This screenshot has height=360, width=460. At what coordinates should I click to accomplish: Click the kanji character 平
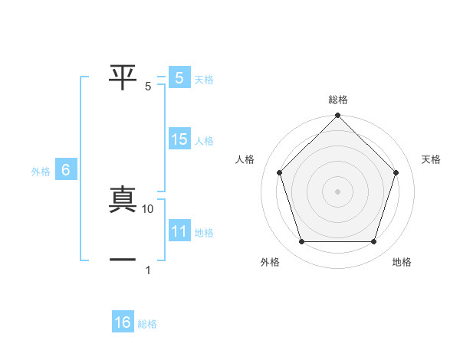coord(123,77)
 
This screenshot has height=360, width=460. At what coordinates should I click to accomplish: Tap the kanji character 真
coord(123,200)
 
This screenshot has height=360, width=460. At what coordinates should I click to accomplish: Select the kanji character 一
coord(123,260)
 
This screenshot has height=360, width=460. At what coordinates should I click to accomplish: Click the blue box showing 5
coord(179,77)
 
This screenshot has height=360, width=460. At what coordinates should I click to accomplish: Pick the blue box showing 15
coord(179,139)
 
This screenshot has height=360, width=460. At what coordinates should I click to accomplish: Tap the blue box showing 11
coord(179,231)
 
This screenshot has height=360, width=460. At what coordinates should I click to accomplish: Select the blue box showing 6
coord(66,170)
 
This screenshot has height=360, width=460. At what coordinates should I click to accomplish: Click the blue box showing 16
coord(123,322)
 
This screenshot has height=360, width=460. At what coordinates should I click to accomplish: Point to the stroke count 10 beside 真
coord(148,208)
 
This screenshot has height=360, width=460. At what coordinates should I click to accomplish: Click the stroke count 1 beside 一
coord(148,270)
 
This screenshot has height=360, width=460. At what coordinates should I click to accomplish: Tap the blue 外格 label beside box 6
coord(41,172)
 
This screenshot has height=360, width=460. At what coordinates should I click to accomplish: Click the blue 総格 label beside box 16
coord(147,324)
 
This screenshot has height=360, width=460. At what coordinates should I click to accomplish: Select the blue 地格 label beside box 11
coord(204,233)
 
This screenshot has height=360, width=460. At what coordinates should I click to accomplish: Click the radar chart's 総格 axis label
coord(338,100)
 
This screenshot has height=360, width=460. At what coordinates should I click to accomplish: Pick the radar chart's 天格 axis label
coord(432,159)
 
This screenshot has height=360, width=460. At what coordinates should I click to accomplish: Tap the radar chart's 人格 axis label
coord(245,159)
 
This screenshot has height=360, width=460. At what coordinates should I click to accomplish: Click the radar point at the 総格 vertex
coord(338,116)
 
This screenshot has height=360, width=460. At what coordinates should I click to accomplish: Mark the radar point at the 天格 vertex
coord(396,172)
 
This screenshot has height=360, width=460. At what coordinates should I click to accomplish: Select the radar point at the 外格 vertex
coord(301,242)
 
